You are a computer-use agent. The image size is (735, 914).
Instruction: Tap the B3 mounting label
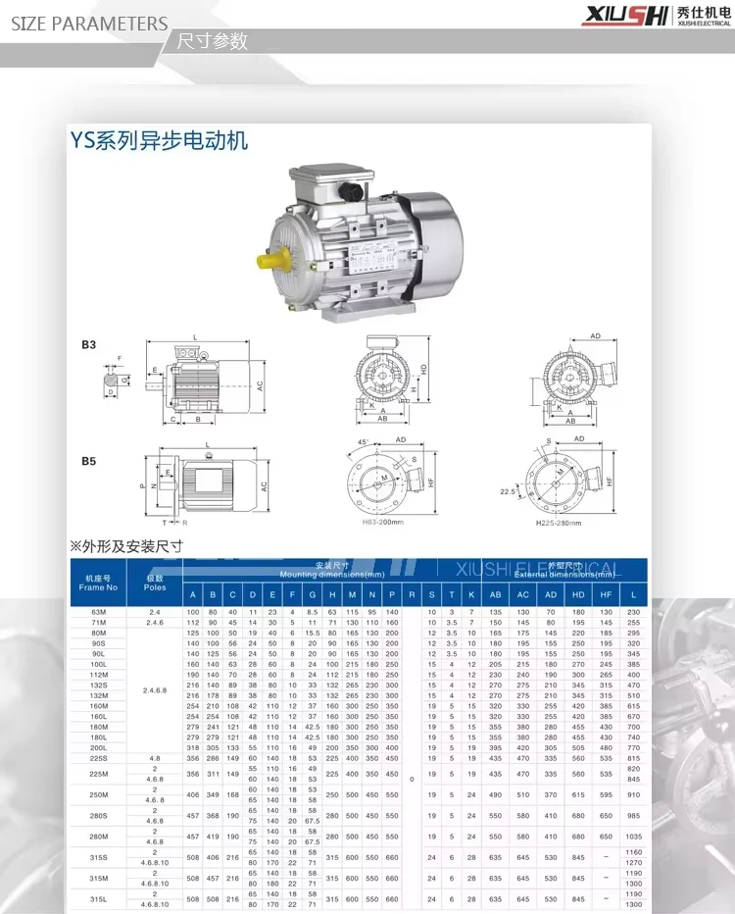[x=88, y=346]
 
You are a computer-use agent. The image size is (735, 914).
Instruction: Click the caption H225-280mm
[x=563, y=522]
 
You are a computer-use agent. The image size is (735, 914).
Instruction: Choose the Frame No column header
[x=98, y=583]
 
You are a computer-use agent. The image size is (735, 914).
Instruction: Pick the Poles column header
[x=155, y=583]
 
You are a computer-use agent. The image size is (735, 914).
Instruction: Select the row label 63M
[x=98, y=612]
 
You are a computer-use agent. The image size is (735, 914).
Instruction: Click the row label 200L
[x=98, y=747]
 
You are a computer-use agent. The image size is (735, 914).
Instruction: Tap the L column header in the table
[x=633, y=594]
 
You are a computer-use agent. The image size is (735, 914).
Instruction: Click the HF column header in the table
[x=606, y=594]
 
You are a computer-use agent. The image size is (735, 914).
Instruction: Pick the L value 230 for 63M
[x=633, y=612]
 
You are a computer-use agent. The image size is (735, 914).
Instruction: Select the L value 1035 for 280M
[x=633, y=836]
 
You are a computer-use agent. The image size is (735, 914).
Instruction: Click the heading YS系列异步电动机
[x=159, y=140]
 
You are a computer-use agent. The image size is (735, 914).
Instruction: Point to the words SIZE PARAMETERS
[x=89, y=23]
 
